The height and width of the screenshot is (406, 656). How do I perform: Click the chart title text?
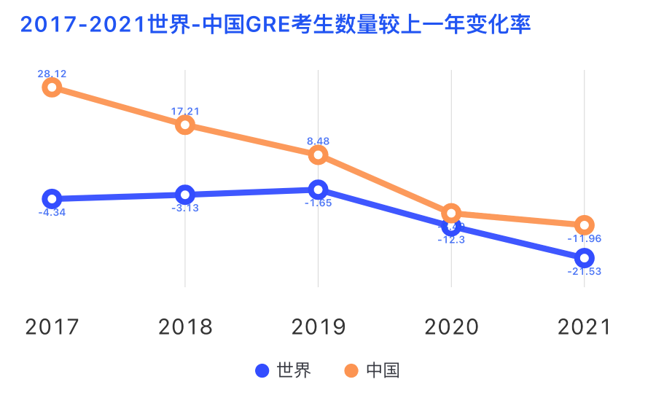point(276,26)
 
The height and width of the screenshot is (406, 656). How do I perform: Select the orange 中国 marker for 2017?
point(52,87)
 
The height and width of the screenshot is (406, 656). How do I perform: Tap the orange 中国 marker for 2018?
point(185,125)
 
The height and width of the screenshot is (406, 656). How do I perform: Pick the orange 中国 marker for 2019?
point(318,155)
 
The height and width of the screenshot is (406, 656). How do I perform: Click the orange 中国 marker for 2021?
point(584,225)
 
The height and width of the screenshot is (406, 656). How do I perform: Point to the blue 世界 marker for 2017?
point(52,199)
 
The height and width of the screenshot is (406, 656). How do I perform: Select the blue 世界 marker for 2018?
point(185,195)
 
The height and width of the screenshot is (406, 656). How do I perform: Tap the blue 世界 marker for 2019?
point(318,190)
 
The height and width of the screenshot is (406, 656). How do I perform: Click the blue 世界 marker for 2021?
point(584,257)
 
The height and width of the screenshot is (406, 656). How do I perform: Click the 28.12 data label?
point(52,74)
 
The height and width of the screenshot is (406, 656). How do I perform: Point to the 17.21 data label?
point(185,112)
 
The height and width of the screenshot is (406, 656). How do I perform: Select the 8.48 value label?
point(318,141)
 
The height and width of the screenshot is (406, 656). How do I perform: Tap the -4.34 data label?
point(52,213)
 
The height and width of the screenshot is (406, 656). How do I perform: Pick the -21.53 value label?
point(584,271)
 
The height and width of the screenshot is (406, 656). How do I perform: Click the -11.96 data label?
point(584,238)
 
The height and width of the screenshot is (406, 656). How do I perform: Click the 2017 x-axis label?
point(52,327)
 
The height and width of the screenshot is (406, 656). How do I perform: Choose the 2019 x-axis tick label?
point(318,327)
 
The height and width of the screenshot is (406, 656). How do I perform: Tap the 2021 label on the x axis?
point(584,327)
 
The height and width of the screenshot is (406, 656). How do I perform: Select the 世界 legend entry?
point(284,370)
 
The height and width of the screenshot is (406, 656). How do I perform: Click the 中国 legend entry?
point(372,370)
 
